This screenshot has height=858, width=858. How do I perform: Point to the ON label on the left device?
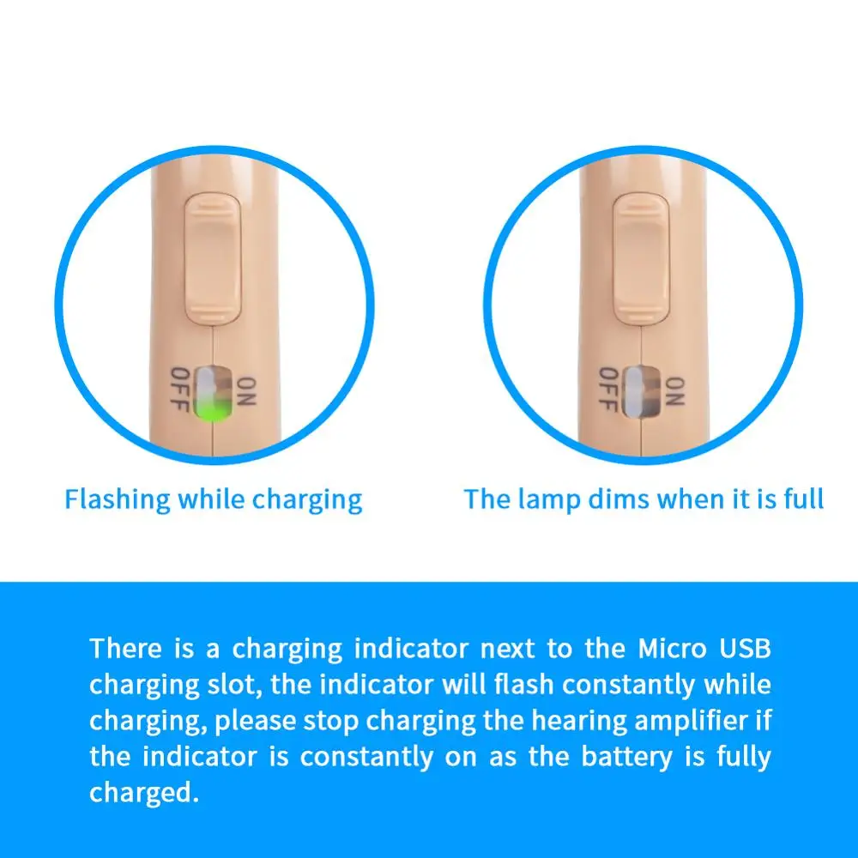pos(246,394)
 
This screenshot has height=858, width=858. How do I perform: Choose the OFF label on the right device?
pos(608,389)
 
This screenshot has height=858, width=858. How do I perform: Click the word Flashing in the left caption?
pos(118,499)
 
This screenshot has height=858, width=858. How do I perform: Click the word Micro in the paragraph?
pos(674,649)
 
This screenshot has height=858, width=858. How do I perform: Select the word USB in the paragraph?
pos(746,649)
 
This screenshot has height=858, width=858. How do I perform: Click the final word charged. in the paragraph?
pos(138,794)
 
